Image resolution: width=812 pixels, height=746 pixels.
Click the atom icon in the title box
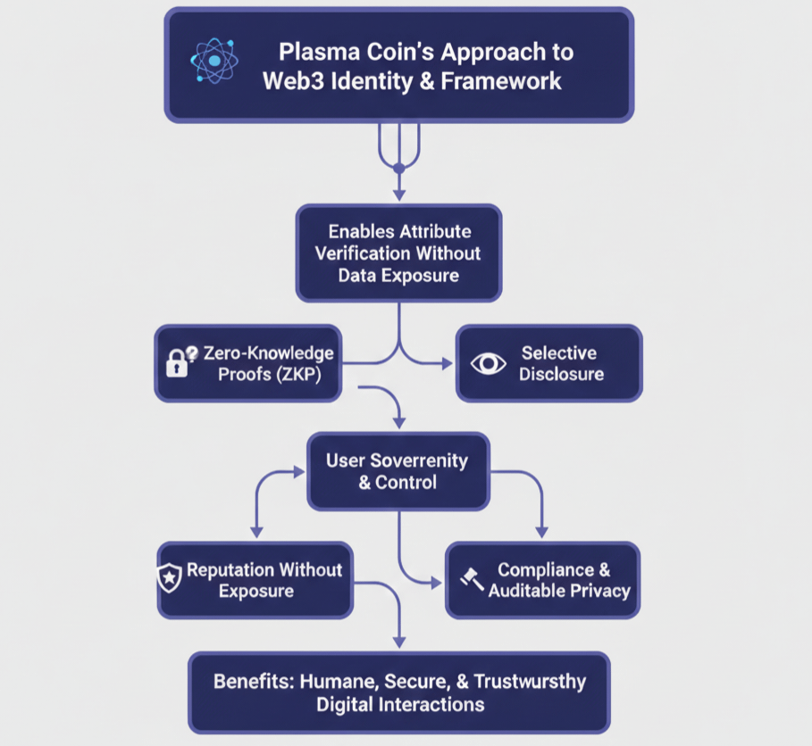pos(214,61)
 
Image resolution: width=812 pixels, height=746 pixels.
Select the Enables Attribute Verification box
pos(398,253)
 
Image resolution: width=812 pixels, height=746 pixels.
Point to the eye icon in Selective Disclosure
pos(488,363)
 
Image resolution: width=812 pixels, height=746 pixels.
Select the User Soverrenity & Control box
pos(398,471)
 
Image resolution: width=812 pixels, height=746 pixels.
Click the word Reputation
pos(230,569)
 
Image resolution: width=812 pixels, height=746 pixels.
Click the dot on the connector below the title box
pos(399,168)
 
